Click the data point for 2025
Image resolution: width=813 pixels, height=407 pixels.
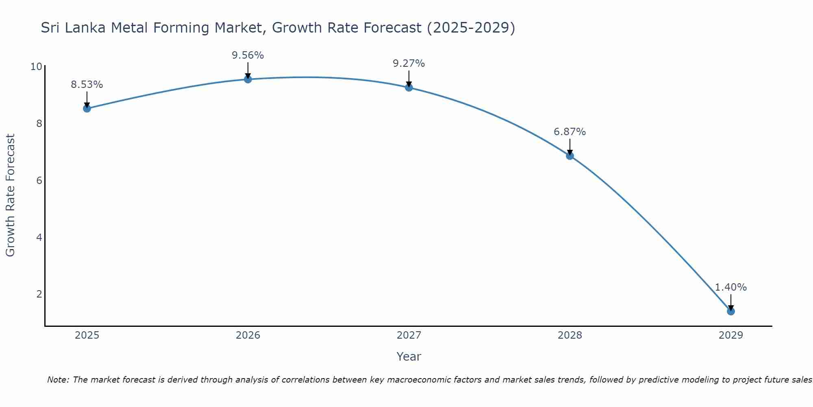pyautogui.click(x=87, y=108)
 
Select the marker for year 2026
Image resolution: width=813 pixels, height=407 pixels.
pyautogui.click(x=248, y=79)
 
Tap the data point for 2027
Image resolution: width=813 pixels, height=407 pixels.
pyautogui.click(x=409, y=88)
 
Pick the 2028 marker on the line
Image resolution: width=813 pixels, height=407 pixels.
pyautogui.click(x=570, y=156)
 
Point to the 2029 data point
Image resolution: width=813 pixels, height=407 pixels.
pyautogui.click(x=731, y=311)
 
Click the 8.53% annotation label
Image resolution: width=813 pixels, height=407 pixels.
pyautogui.click(x=87, y=85)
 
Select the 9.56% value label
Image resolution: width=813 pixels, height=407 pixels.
pyautogui.click(x=248, y=55)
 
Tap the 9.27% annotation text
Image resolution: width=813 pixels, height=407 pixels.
pyautogui.click(x=409, y=63)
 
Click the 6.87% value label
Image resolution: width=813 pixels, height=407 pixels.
pyautogui.click(x=570, y=132)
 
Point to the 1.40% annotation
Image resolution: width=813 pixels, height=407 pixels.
pyautogui.click(x=731, y=287)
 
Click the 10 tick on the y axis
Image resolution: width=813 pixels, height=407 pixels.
pyautogui.click(x=36, y=66)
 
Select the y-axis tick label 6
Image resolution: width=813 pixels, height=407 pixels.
pyautogui.click(x=39, y=180)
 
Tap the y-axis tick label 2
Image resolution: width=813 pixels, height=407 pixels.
pyautogui.click(x=39, y=294)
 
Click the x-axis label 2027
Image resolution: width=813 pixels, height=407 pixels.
pyautogui.click(x=409, y=335)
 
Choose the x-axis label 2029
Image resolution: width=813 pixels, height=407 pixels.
pyautogui.click(x=731, y=335)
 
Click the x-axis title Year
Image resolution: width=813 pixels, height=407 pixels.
pyautogui.click(x=409, y=357)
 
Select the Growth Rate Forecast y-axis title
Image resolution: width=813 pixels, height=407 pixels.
pyautogui.click(x=11, y=195)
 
